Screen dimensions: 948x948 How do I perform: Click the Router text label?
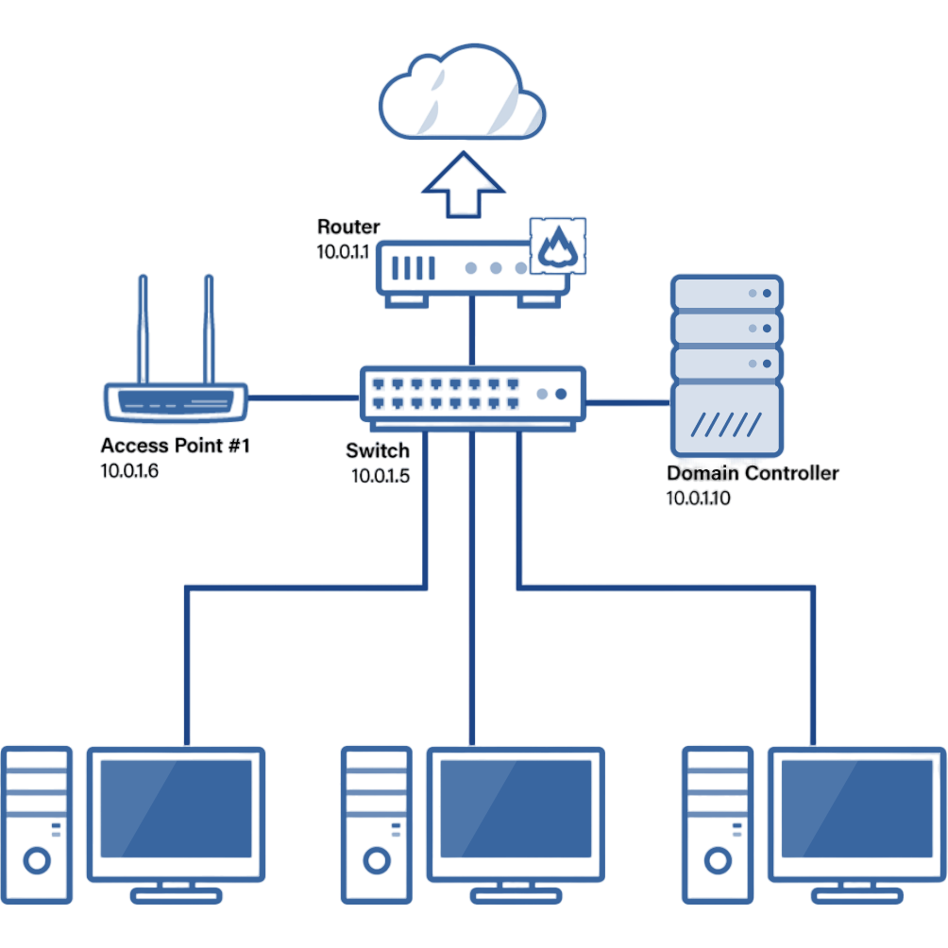pyautogui.click(x=348, y=227)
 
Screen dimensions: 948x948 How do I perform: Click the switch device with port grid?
pyautogui.click(x=472, y=395)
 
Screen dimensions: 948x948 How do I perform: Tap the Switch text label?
pyautogui.click(x=378, y=450)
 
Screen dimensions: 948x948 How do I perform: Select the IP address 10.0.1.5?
pyautogui.click(x=380, y=475)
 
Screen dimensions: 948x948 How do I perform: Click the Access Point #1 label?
pyautogui.click(x=175, y=446)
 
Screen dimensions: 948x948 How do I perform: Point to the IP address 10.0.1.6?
pyautogui.click(x=129, y=470)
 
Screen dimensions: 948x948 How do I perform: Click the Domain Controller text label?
pyautogui.click(x=753, y=473)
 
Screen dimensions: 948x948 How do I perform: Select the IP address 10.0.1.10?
pyautogui.click(x=698, y=498)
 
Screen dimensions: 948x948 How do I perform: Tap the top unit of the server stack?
pyautogui.click(x=727, y=294)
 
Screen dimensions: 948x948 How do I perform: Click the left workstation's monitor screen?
pyautogui.click(x=176, y=807)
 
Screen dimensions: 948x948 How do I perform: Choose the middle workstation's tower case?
pyautogui.click(x=377, y=821)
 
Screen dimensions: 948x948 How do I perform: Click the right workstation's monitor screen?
pyautogui.click(x=856, y=807)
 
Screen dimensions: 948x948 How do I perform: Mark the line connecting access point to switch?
pyautogui.click(x=302, y=398)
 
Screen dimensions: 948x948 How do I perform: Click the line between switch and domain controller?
pyautogui.click(x=628, y=402)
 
